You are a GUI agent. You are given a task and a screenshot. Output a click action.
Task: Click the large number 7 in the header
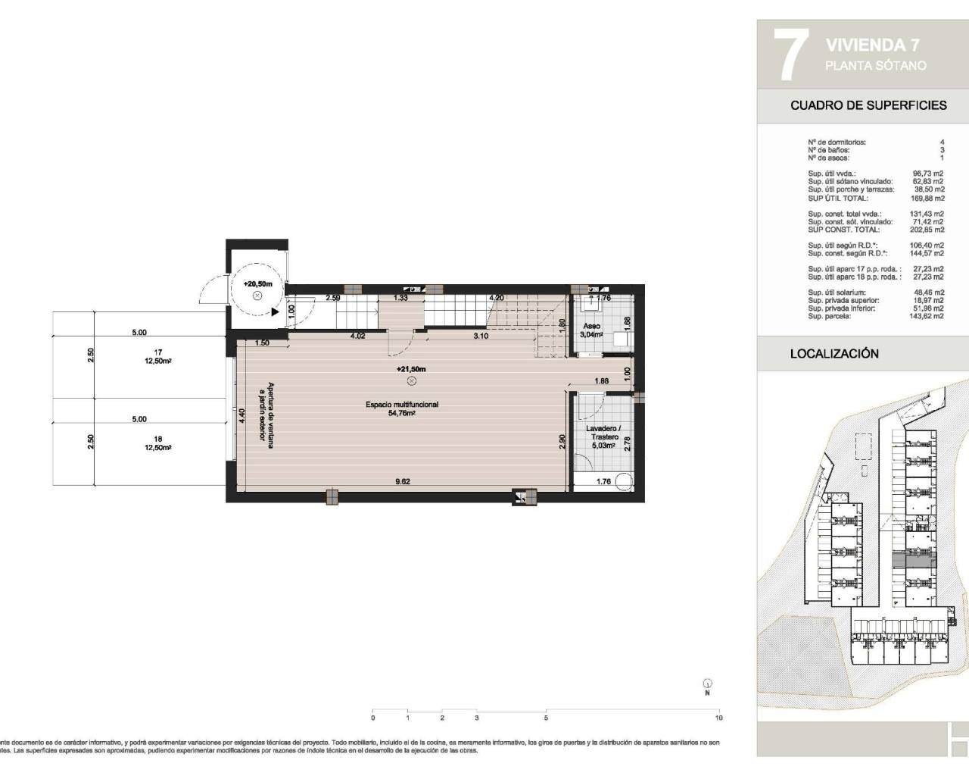[x=788, y=55]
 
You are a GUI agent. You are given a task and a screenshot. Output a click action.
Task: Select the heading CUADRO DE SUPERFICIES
[x=868, y=105]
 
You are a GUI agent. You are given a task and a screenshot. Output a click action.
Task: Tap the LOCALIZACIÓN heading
[x=834, y=354]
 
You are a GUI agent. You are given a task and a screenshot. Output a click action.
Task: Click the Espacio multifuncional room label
[x=402, y=405]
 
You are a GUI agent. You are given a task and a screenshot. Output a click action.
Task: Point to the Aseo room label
[x=591, y=326]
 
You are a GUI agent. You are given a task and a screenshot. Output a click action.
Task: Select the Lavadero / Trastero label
[x=602, y=433]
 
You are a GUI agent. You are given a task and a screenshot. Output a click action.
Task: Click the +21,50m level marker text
[x=411, y=369]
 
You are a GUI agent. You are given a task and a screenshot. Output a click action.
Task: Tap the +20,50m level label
[x=257, y=283]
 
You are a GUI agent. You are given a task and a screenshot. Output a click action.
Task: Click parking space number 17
[x=158, y=352]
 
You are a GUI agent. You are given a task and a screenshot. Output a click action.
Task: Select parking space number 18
[x=158, y=439]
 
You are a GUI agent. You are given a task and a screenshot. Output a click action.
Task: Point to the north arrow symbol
[x=707, y=684]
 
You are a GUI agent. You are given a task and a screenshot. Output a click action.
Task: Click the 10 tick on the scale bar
[x=718, y=717]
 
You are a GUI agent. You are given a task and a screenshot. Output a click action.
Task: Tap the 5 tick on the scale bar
[x=546, y=717]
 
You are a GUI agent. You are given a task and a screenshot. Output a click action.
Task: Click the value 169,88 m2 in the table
[x=928, y=199]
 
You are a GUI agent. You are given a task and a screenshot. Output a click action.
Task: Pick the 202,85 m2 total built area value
[x=928, y=230]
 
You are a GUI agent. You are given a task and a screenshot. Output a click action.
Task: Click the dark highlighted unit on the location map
[x=914, y=559]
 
